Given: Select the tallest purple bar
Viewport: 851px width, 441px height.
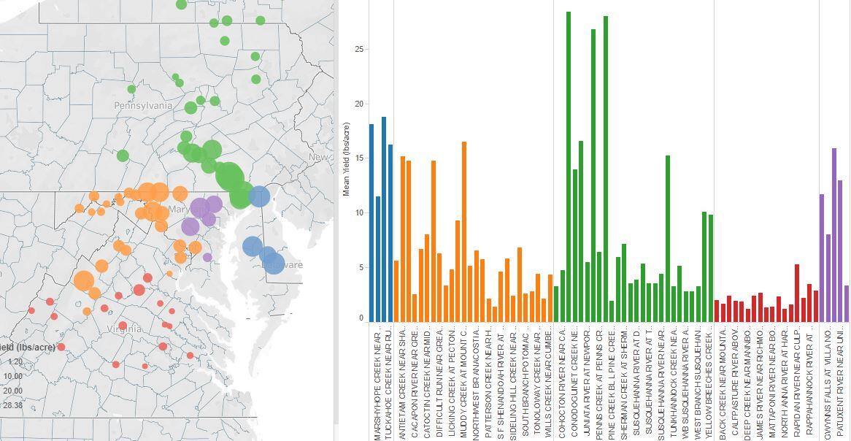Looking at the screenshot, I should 834,234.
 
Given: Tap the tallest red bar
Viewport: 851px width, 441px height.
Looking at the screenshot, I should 797,293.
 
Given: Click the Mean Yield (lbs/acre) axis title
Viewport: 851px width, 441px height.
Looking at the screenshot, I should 347,160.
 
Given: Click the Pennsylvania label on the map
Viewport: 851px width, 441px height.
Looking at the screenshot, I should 143,106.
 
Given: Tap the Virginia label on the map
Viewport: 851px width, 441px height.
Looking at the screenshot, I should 124,329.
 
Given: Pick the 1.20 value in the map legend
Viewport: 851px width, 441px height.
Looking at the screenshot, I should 15,361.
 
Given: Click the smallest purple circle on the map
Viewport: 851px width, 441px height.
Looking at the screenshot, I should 207,257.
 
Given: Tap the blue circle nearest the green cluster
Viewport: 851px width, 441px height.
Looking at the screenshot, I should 258,196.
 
